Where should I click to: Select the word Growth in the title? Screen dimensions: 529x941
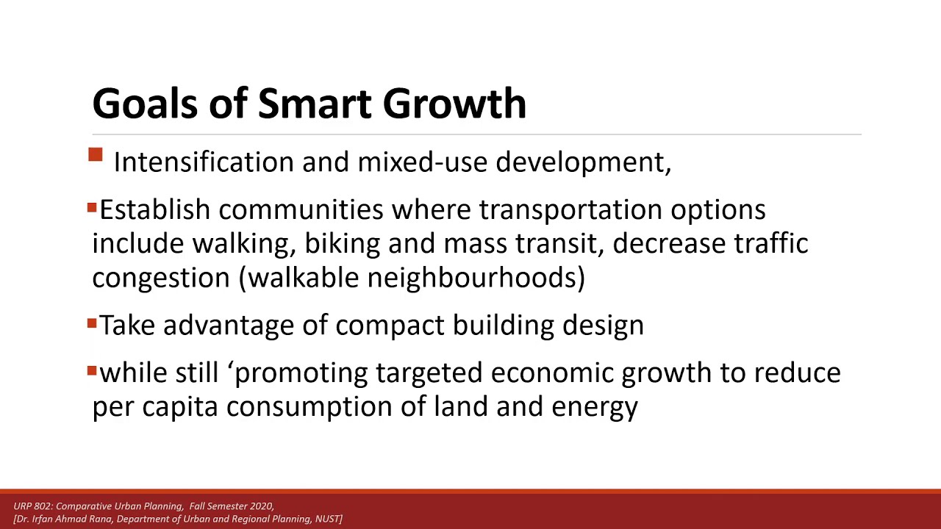point(454,104)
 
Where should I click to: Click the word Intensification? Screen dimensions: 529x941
point(203,162)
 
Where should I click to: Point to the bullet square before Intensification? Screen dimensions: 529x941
point(96,155)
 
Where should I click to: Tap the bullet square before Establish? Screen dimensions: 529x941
point(92,209)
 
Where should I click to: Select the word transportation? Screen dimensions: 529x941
point(570,210)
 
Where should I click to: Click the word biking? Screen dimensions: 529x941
point(342,244)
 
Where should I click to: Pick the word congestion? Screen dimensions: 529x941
point(161,278)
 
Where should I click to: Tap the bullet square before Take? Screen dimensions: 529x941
point(92,323)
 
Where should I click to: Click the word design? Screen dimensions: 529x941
point(603,325)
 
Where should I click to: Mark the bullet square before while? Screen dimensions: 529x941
point(92,371)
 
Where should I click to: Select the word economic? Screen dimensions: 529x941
point(551,373)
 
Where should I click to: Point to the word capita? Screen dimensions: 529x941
point(180,407)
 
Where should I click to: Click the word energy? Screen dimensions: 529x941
point(594,407)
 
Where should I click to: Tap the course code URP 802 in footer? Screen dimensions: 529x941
point(32,506)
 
